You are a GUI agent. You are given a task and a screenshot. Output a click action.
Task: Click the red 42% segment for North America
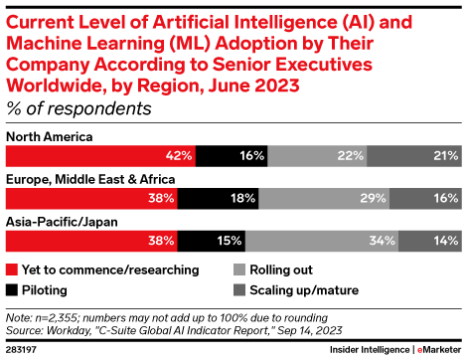click(x=99, y=156)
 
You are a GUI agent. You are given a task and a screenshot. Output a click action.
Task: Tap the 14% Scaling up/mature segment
click(x=430, y=241)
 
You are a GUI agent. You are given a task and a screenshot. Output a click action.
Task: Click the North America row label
click(x=49, y=136)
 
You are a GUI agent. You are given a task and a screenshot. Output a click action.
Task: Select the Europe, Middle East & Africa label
click(x=90, y=179)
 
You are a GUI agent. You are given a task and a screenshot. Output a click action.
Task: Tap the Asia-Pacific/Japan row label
click(x=61, y=221)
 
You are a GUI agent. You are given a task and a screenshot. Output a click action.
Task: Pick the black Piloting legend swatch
click(x=11, y=289)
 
